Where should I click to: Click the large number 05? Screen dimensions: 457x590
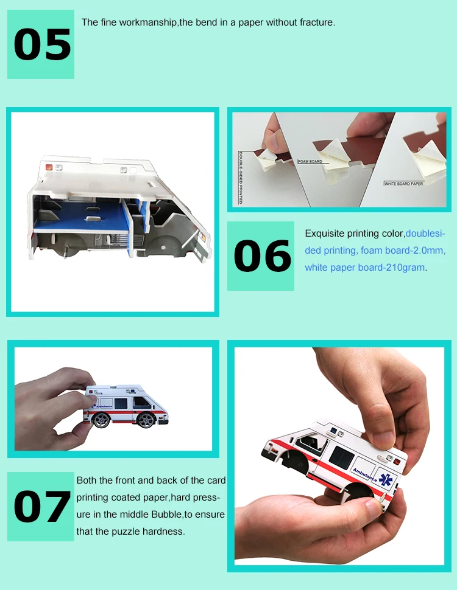pos(42,45)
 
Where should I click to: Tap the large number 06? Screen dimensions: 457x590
pos(263,256)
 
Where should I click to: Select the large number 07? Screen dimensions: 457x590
pos(42,507)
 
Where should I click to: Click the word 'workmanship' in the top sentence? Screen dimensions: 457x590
pos(147,23)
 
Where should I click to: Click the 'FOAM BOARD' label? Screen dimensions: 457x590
pos(310,161)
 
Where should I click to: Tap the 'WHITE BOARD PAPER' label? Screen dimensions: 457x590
pos(403,184)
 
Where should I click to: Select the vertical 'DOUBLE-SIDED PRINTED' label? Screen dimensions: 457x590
pos(241,178)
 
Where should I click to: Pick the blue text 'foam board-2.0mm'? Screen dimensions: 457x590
pos(403,251)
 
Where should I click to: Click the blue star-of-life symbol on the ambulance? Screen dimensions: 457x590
pos(386,480)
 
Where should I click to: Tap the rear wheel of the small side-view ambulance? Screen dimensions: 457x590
pos(101,420)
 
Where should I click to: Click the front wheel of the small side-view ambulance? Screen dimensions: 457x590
pos(146,420)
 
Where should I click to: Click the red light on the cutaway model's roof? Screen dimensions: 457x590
pos(49,167)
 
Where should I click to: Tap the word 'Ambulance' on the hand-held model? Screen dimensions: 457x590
pos(364,475)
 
